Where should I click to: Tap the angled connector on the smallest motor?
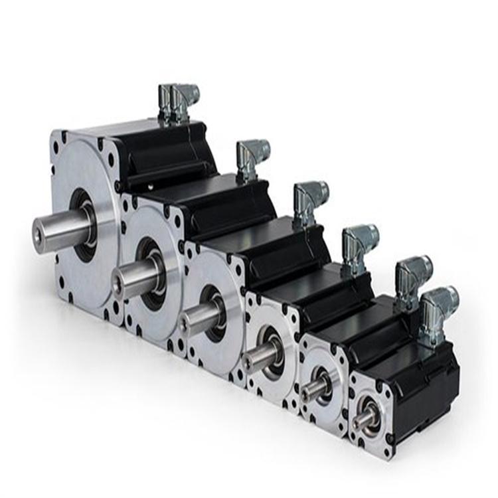coord(438,306)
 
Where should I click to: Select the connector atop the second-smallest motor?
coord(412,279)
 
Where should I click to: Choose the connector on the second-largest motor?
coord(252,159)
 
